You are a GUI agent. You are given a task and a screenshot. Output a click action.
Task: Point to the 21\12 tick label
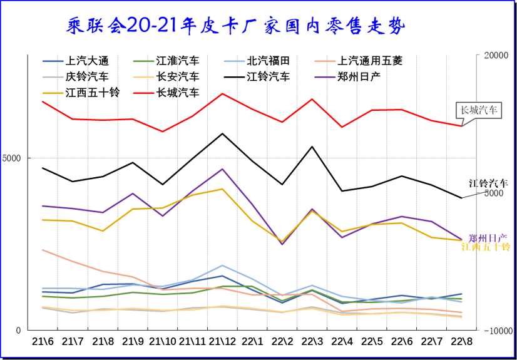(222, 342)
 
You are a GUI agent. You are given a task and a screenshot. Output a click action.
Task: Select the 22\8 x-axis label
(462, 342)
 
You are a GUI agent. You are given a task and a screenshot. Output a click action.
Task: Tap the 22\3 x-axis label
(312, 342)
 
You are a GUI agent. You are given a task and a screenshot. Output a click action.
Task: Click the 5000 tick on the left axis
(13, 158)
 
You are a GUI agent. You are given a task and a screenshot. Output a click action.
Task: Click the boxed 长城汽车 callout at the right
(479, 110)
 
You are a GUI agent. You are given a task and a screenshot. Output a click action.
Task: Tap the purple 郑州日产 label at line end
(488, 238)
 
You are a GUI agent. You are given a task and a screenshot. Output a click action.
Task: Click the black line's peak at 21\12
(222, 133)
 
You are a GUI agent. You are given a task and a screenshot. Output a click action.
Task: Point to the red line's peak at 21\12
(222, 94)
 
